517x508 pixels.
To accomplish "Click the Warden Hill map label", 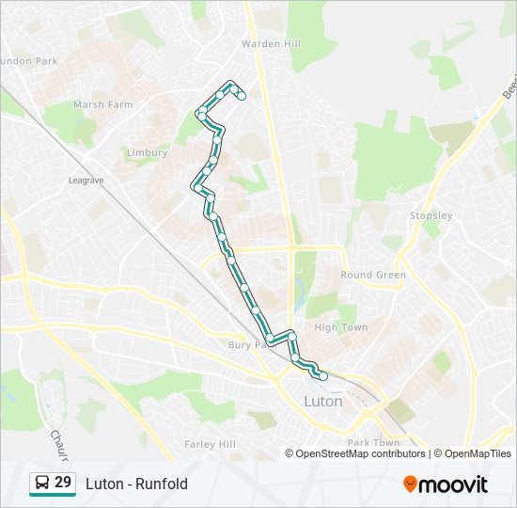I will click(x=272, y=43).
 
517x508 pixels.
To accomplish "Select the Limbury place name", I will click(x=148, y=152).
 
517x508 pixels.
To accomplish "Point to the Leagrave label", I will click(x=85, y=179).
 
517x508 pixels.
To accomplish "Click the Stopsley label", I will click(x=431, y=215).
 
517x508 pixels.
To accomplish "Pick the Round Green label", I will click(x=373, y=275).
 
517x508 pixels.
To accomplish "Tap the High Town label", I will click(x=340, y=327).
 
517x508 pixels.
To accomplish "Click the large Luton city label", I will click(x=323, y=401).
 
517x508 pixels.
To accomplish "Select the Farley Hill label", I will click(x=209, y=443).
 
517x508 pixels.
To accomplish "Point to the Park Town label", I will click(x=373, y=442).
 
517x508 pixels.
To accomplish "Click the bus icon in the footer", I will click(x=42, y=484).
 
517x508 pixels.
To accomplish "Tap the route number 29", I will click(x=63, y=483).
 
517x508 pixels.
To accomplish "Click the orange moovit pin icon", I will click(x=411, y=484).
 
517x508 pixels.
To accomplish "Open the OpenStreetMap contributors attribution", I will click(x=356, y=453).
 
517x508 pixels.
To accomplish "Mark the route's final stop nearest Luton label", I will click(x=323, y=376).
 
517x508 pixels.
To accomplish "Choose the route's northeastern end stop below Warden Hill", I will click(x=242, y=96).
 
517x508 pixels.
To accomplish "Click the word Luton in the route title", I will click(x=102, y=484).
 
